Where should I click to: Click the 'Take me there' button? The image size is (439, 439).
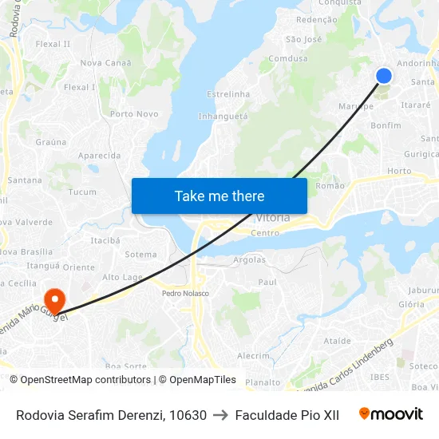tap(219, 196)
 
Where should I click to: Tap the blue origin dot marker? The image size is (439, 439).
tap(383, 75)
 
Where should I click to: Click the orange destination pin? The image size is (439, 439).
tap(54, 301)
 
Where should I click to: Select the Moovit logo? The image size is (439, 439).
tap(391, 414)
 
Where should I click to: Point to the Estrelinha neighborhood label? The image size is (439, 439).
tap(228, 94)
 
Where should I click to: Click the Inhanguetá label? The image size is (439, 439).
tap(223, 116)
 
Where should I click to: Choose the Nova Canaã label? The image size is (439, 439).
tap(106, 62)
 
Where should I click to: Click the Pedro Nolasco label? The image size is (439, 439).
tap(185, 293)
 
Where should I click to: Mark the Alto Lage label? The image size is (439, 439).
tap(123, 277)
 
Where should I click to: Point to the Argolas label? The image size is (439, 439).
tap(249, 260)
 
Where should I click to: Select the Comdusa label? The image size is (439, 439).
tap(287, 58)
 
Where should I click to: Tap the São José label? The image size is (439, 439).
tap(303, 39)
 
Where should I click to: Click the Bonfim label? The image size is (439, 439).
tap(386, 125)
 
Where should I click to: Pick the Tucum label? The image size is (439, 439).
tap(82, 192)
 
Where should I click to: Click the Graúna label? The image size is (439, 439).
tap(51, 142)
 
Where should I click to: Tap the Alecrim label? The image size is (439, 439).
tap(253, 356)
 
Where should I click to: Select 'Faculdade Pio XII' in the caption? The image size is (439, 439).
tap(287, 415)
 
